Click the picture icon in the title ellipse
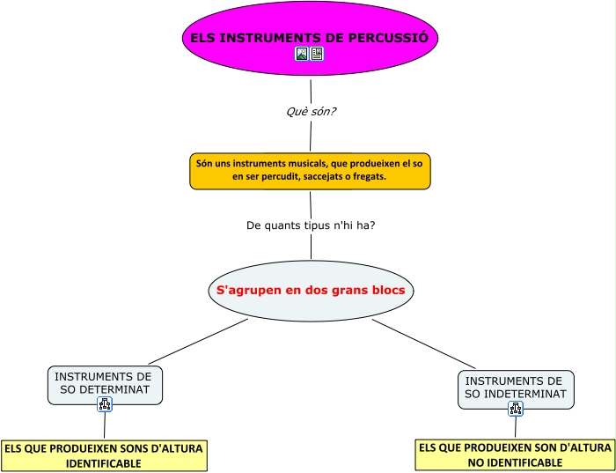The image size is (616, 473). click(x=302, y=54)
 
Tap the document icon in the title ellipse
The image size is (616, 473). click(x=317, y=54)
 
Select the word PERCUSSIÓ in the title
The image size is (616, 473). click(x=389, y=38)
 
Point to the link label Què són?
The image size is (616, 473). click(x=312, y=112)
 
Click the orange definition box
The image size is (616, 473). click(x=310, y=171)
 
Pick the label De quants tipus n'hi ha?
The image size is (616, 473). click(x=311, y=225)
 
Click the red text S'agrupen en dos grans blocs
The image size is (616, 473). click(x=311, y=290)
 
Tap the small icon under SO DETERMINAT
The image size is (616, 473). click(x=105, y=404)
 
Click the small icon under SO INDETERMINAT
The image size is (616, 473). click(x=516, y=409)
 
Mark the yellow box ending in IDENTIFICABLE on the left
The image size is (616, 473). click(x=104, y=455)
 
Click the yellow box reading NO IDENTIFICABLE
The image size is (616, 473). click(x=515, y=455)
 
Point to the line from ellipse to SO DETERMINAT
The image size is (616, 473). click(x=198, y=341)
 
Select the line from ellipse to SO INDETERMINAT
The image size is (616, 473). click(x=424, y=344)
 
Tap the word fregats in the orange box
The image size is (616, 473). click(x=369, y=177)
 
